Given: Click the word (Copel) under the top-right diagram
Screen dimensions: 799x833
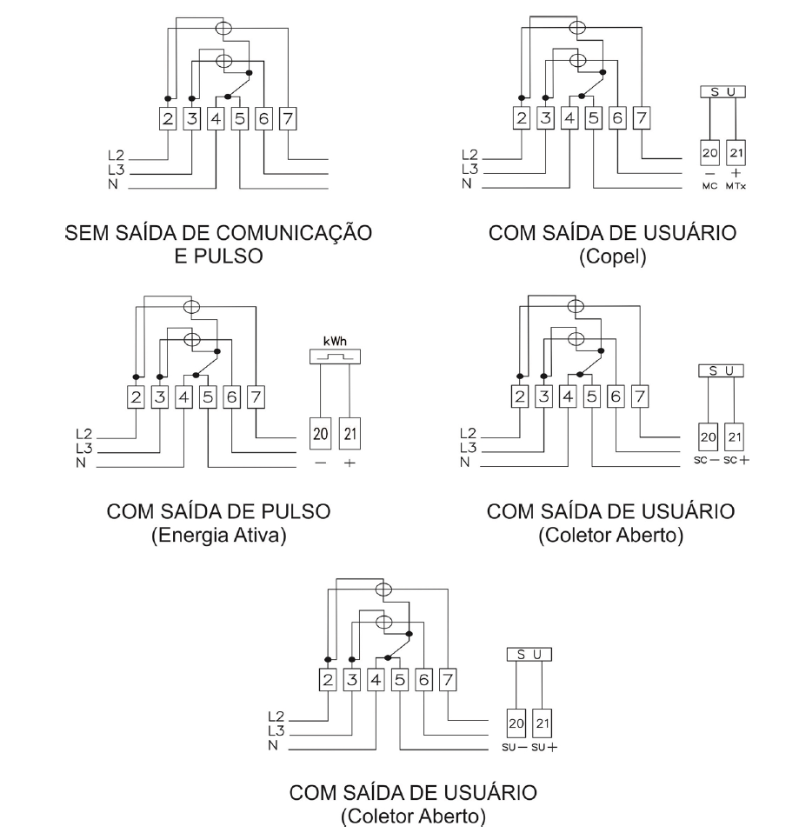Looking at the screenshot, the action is pyautogui.click(x=613, y=257).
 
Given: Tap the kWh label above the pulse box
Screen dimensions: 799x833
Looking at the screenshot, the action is pyautogui.click(x=335, y=341).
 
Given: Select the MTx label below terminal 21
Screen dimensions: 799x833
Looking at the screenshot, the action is pyautogui.click(x=736, y=186).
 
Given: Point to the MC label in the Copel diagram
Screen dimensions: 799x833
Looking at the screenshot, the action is pyautogui.click(x=709, y=186).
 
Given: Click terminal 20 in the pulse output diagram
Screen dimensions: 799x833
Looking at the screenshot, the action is pyautogui.click(x=320, y=434).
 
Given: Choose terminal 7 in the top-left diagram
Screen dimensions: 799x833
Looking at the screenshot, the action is pyautogui.click(x=288, y=118).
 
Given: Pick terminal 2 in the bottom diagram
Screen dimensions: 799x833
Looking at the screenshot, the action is pyautogui.click(x=328, y=679).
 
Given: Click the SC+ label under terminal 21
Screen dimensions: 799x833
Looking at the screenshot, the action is pyautogui.click(x=736, y=460).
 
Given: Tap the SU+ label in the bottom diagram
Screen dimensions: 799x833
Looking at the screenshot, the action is pyautogui.click(x=544, y=748).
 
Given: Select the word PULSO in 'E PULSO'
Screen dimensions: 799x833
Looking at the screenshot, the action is pyautogui.click(x=229, y=256).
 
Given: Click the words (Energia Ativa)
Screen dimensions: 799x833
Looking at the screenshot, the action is pyautogui.click(x=219, y=535).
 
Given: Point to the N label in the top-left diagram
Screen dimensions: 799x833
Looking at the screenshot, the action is pyautogui.click(x=113, y=184).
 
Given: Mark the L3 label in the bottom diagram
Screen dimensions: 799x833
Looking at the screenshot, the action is pyautogui.click(x=276, y=730).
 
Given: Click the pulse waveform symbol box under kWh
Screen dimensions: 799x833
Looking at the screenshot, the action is pyautogui.click(x=335, y=357).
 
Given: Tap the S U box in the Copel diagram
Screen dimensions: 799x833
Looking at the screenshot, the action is pyautogui.click(x=722, y=92).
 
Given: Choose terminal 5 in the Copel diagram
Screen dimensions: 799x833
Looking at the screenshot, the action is pyautogui.click(x=594, y=118).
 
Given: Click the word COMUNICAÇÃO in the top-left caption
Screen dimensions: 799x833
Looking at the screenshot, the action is pyautogui.click(x=295, y=233).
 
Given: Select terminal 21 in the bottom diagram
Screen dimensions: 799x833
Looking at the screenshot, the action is pyautogui.click(x=543, y=723).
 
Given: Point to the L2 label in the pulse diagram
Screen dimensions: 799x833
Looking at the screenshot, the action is pyautogui.click(x=84, y=434).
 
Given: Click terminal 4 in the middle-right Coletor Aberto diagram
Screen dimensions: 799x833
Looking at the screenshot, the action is pyautogui.click(x=568, y=397).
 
